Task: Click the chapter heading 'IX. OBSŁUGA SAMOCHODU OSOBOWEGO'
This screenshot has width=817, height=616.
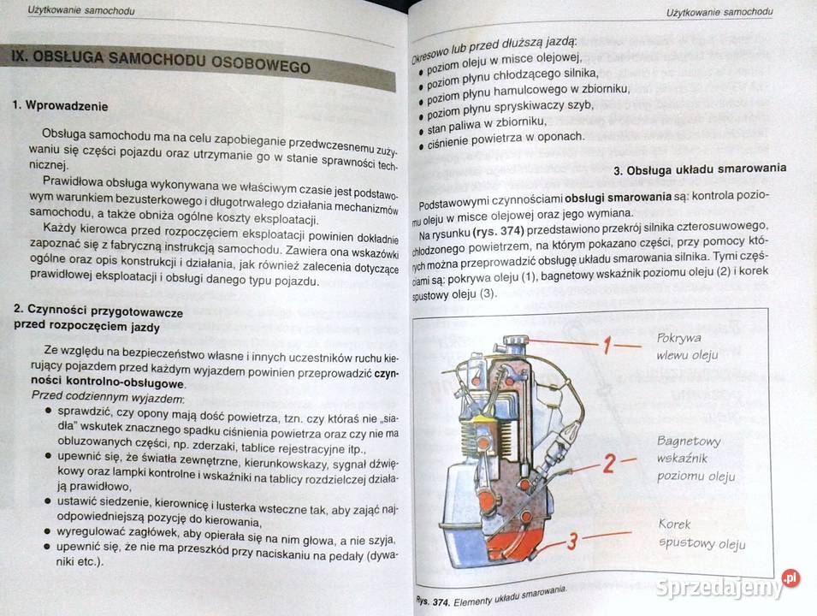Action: pos(159,62)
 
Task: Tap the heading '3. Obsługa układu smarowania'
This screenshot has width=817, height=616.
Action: pos(700,169)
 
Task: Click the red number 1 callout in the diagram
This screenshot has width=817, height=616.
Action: pos(605,346)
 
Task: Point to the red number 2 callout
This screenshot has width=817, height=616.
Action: pos(608,464)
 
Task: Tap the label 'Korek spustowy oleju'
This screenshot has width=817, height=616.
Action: pos(702,534)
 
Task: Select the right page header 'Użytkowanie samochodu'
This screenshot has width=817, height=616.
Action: pos(719,11)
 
